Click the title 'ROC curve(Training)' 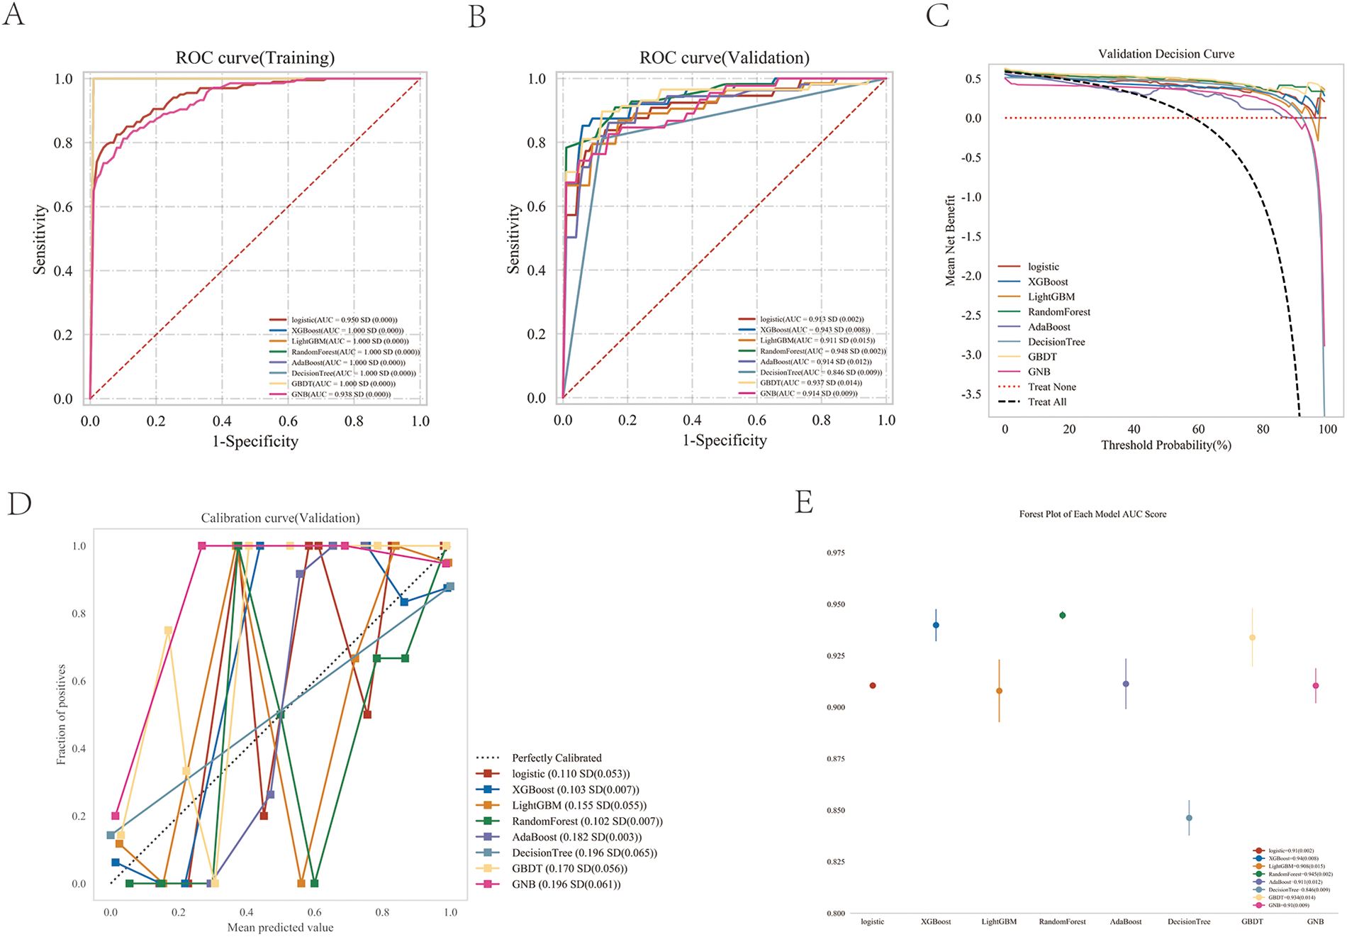(255, 57)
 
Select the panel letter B (477, 17)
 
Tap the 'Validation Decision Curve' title (1166, 54)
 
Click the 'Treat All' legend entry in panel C (1046, 401)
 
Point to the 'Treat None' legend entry (1051, 387)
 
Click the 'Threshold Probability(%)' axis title (1166, 445)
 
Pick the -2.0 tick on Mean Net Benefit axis (973, 276)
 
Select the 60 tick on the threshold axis (1198, 429)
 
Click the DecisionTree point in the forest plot (1189, 818)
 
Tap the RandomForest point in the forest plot (1062, 615)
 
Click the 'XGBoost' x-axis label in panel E (935, 921)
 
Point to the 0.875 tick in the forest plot (836, 759)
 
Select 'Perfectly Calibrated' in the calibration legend (556, 758)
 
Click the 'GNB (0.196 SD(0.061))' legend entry (566, 884)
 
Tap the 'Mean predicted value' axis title (280, 927)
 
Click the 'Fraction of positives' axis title (62, 714)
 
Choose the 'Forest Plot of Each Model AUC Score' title (1092, 514)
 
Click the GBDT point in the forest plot (1252, 637)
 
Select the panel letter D (19, 503)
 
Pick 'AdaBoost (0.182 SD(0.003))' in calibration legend (576, 837)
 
